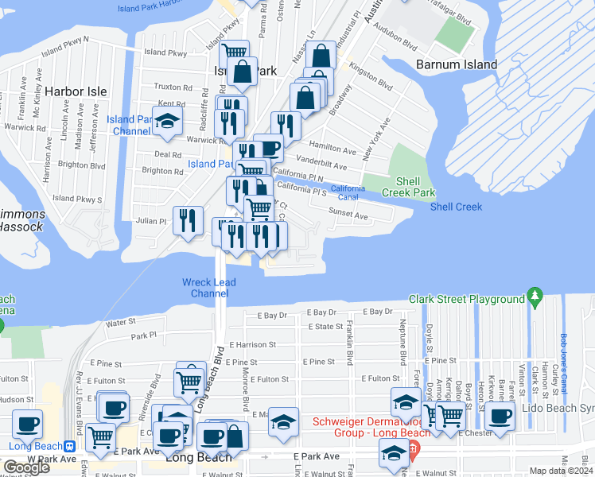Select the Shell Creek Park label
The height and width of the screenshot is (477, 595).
(408, 187)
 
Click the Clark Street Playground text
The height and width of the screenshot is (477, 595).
(467, 300)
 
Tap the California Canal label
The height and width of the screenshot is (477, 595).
(348, 192)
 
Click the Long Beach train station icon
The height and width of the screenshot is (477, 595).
(70, 446)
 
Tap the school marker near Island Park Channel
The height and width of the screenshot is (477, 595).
(167, 120)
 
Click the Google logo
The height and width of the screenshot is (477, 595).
(27, 467)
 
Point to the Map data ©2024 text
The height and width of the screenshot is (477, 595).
(560, 471)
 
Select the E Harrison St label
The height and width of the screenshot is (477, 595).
(252, 345)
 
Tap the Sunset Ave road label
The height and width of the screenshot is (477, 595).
(350, 215)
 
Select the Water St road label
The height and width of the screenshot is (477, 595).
(121, 323)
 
